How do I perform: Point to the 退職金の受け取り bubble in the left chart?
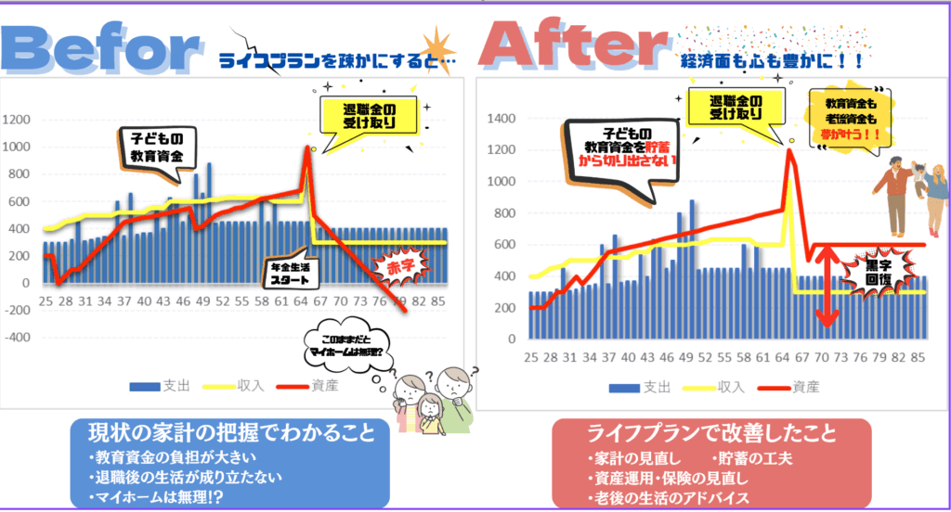pos(361,116)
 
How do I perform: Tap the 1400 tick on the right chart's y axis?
pos(502,119)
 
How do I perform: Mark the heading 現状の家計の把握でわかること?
pos(232,432)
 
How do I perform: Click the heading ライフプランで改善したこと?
pos(711,433)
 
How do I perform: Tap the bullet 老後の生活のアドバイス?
pos(670,498)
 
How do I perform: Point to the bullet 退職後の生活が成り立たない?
pos(186,478)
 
